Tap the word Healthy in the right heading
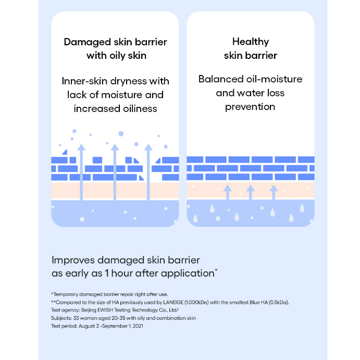coord(250,42)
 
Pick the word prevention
coord(250,107)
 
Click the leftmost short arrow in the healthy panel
coord(227,192)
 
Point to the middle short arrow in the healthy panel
coord(250,192)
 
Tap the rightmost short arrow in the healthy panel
coord(273,192)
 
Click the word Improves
coord(73,259)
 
